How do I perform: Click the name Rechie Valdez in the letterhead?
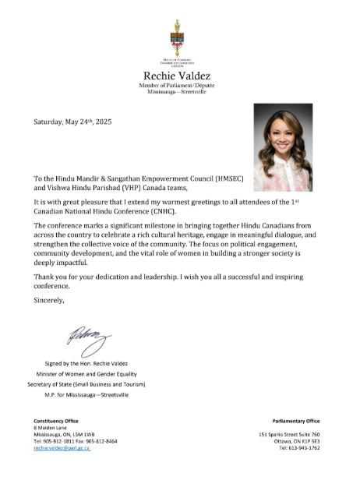click(x=180, y=75)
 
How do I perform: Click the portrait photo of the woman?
click(x=293, y=147)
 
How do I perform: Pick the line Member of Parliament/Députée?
click(x=180, y=85)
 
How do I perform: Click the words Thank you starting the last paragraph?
click(x=49, y=277)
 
